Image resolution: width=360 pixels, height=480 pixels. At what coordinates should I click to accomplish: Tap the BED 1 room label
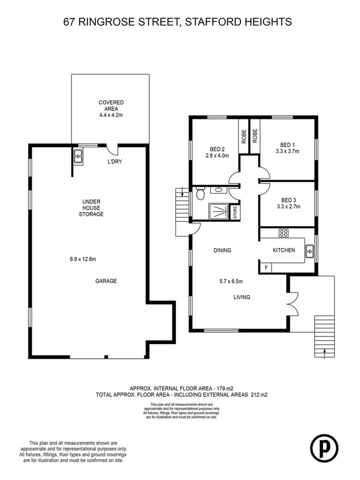point(287,145)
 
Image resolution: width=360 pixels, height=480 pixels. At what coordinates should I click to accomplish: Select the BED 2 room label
point(217,149)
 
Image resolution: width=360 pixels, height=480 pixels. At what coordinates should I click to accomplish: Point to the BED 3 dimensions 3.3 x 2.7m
point(288,206)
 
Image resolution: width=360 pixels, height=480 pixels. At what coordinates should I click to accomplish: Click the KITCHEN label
point(284,250)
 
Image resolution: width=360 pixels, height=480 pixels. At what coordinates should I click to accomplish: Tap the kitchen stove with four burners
point(283,233)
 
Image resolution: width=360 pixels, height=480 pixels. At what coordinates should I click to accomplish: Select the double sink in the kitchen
point(310,250)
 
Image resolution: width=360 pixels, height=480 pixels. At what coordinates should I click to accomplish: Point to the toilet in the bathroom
point(199,195)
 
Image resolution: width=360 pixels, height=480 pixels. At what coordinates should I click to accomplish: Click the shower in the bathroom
point(217,212)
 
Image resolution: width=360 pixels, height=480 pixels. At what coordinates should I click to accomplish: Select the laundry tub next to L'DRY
point(78,156)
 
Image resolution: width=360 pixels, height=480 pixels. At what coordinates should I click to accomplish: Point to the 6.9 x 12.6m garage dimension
point(83,260)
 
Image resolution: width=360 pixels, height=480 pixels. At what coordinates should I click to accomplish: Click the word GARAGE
point(106,281)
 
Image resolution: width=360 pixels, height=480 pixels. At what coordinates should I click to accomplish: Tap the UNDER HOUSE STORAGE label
point(92,208)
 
